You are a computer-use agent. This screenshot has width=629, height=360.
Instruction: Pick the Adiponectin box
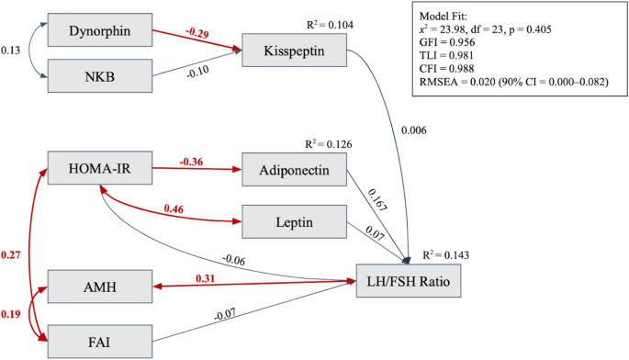tap(294, 169)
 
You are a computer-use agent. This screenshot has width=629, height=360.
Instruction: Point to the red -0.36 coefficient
tap(191, 161)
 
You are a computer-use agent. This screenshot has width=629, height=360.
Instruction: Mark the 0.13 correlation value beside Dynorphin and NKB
tap(12, 51)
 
